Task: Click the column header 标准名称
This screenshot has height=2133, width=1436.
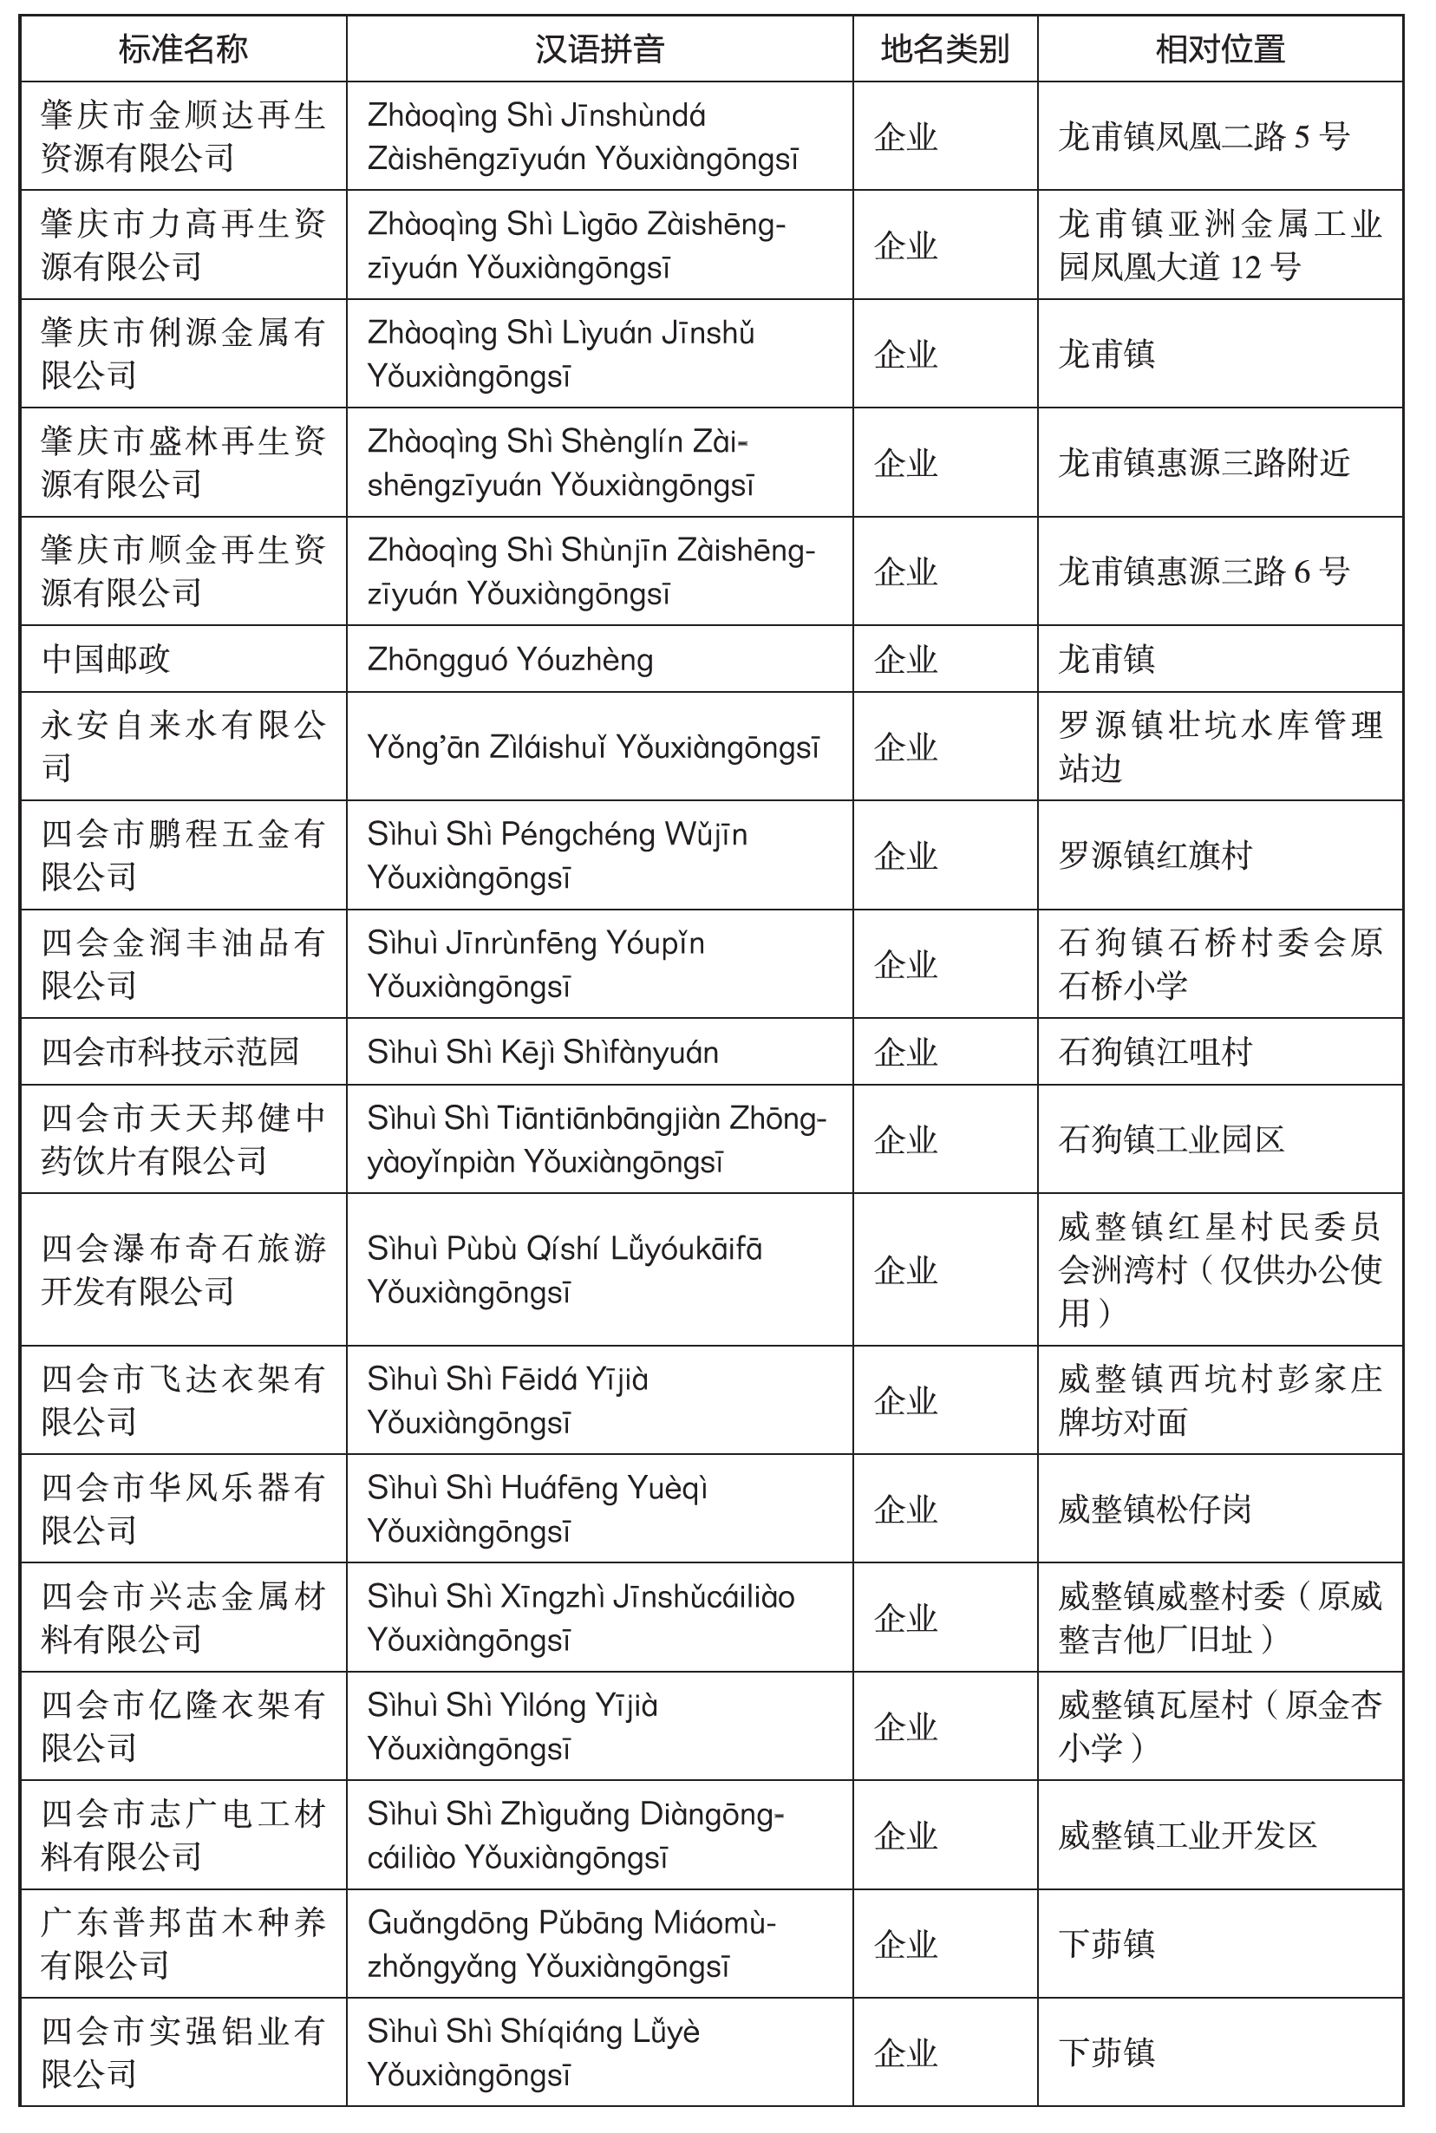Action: click(183, 49)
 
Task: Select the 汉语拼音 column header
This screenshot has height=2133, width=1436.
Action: click(599, 49)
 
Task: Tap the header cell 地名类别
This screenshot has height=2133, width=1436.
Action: click(944, 49)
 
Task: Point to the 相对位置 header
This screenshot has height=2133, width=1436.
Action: click(1219, 49)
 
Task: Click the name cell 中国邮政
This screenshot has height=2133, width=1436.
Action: click(107, 658)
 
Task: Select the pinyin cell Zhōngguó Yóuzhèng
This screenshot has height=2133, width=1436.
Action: click(510, 659)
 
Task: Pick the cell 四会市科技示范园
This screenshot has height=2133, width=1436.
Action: click(170, 1051)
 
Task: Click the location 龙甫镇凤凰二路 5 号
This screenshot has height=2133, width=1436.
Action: click(1204, 136)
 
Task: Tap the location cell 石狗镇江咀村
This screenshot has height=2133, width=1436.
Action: click(1154, 1051)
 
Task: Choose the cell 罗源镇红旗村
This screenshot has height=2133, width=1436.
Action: click(1154, 855)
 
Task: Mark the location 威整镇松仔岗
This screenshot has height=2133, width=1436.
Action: click(1154, 1509)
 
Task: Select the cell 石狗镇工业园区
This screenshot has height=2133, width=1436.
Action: click(1171, 1138)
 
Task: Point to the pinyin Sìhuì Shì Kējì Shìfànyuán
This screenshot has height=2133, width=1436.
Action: click(542, 1052)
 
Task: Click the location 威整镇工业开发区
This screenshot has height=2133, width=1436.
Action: click(1187, 1835)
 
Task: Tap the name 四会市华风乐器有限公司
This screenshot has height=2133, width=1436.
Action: click(183, 1509)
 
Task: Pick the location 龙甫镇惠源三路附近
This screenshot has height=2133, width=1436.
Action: click(1204, 462)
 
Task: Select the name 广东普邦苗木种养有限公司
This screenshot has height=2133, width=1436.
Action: click(183, 1943)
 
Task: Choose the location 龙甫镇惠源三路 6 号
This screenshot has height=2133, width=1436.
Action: click(1204, 571)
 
